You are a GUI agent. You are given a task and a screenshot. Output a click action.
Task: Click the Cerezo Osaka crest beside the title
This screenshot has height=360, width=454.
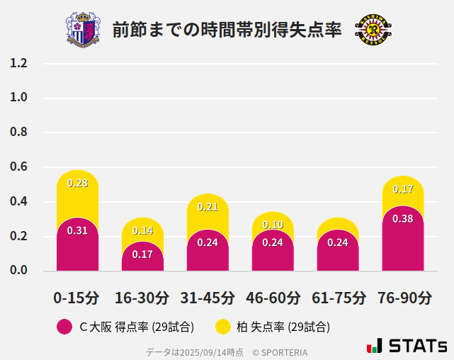coord(83,29)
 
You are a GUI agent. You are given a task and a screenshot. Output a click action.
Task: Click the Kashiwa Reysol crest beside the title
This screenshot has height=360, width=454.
coord(372,29)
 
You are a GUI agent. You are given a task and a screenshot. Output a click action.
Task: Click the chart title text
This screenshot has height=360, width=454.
coord(227,30)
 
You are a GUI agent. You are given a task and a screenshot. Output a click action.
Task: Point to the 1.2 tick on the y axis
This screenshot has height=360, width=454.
coord(18,63)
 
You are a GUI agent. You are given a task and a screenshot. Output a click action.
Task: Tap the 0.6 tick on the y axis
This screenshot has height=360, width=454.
coord(18,167)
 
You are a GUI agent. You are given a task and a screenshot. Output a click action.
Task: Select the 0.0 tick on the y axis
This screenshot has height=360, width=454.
coord(18,271)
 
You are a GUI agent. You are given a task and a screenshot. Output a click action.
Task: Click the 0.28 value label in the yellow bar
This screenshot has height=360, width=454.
coord(77,183)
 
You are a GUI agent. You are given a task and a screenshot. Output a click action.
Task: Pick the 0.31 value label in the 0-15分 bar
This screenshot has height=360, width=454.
coord(77,230)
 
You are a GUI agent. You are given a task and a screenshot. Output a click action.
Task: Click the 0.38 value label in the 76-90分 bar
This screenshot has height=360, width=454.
coord(402,219)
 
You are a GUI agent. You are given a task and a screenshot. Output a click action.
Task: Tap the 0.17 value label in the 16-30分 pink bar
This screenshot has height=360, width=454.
coord(142,254)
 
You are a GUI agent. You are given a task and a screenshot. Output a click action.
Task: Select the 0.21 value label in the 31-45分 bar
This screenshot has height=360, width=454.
coord(208,207)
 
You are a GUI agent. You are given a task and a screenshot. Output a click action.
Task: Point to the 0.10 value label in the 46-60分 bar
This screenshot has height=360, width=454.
coord(273,225)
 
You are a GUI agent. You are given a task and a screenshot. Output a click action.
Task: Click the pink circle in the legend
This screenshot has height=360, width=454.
coord(64,327)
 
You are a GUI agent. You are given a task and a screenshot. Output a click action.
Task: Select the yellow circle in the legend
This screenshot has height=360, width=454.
coord(223,327)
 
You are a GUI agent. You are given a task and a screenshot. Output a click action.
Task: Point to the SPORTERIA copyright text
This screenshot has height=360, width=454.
coord(280,351)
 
